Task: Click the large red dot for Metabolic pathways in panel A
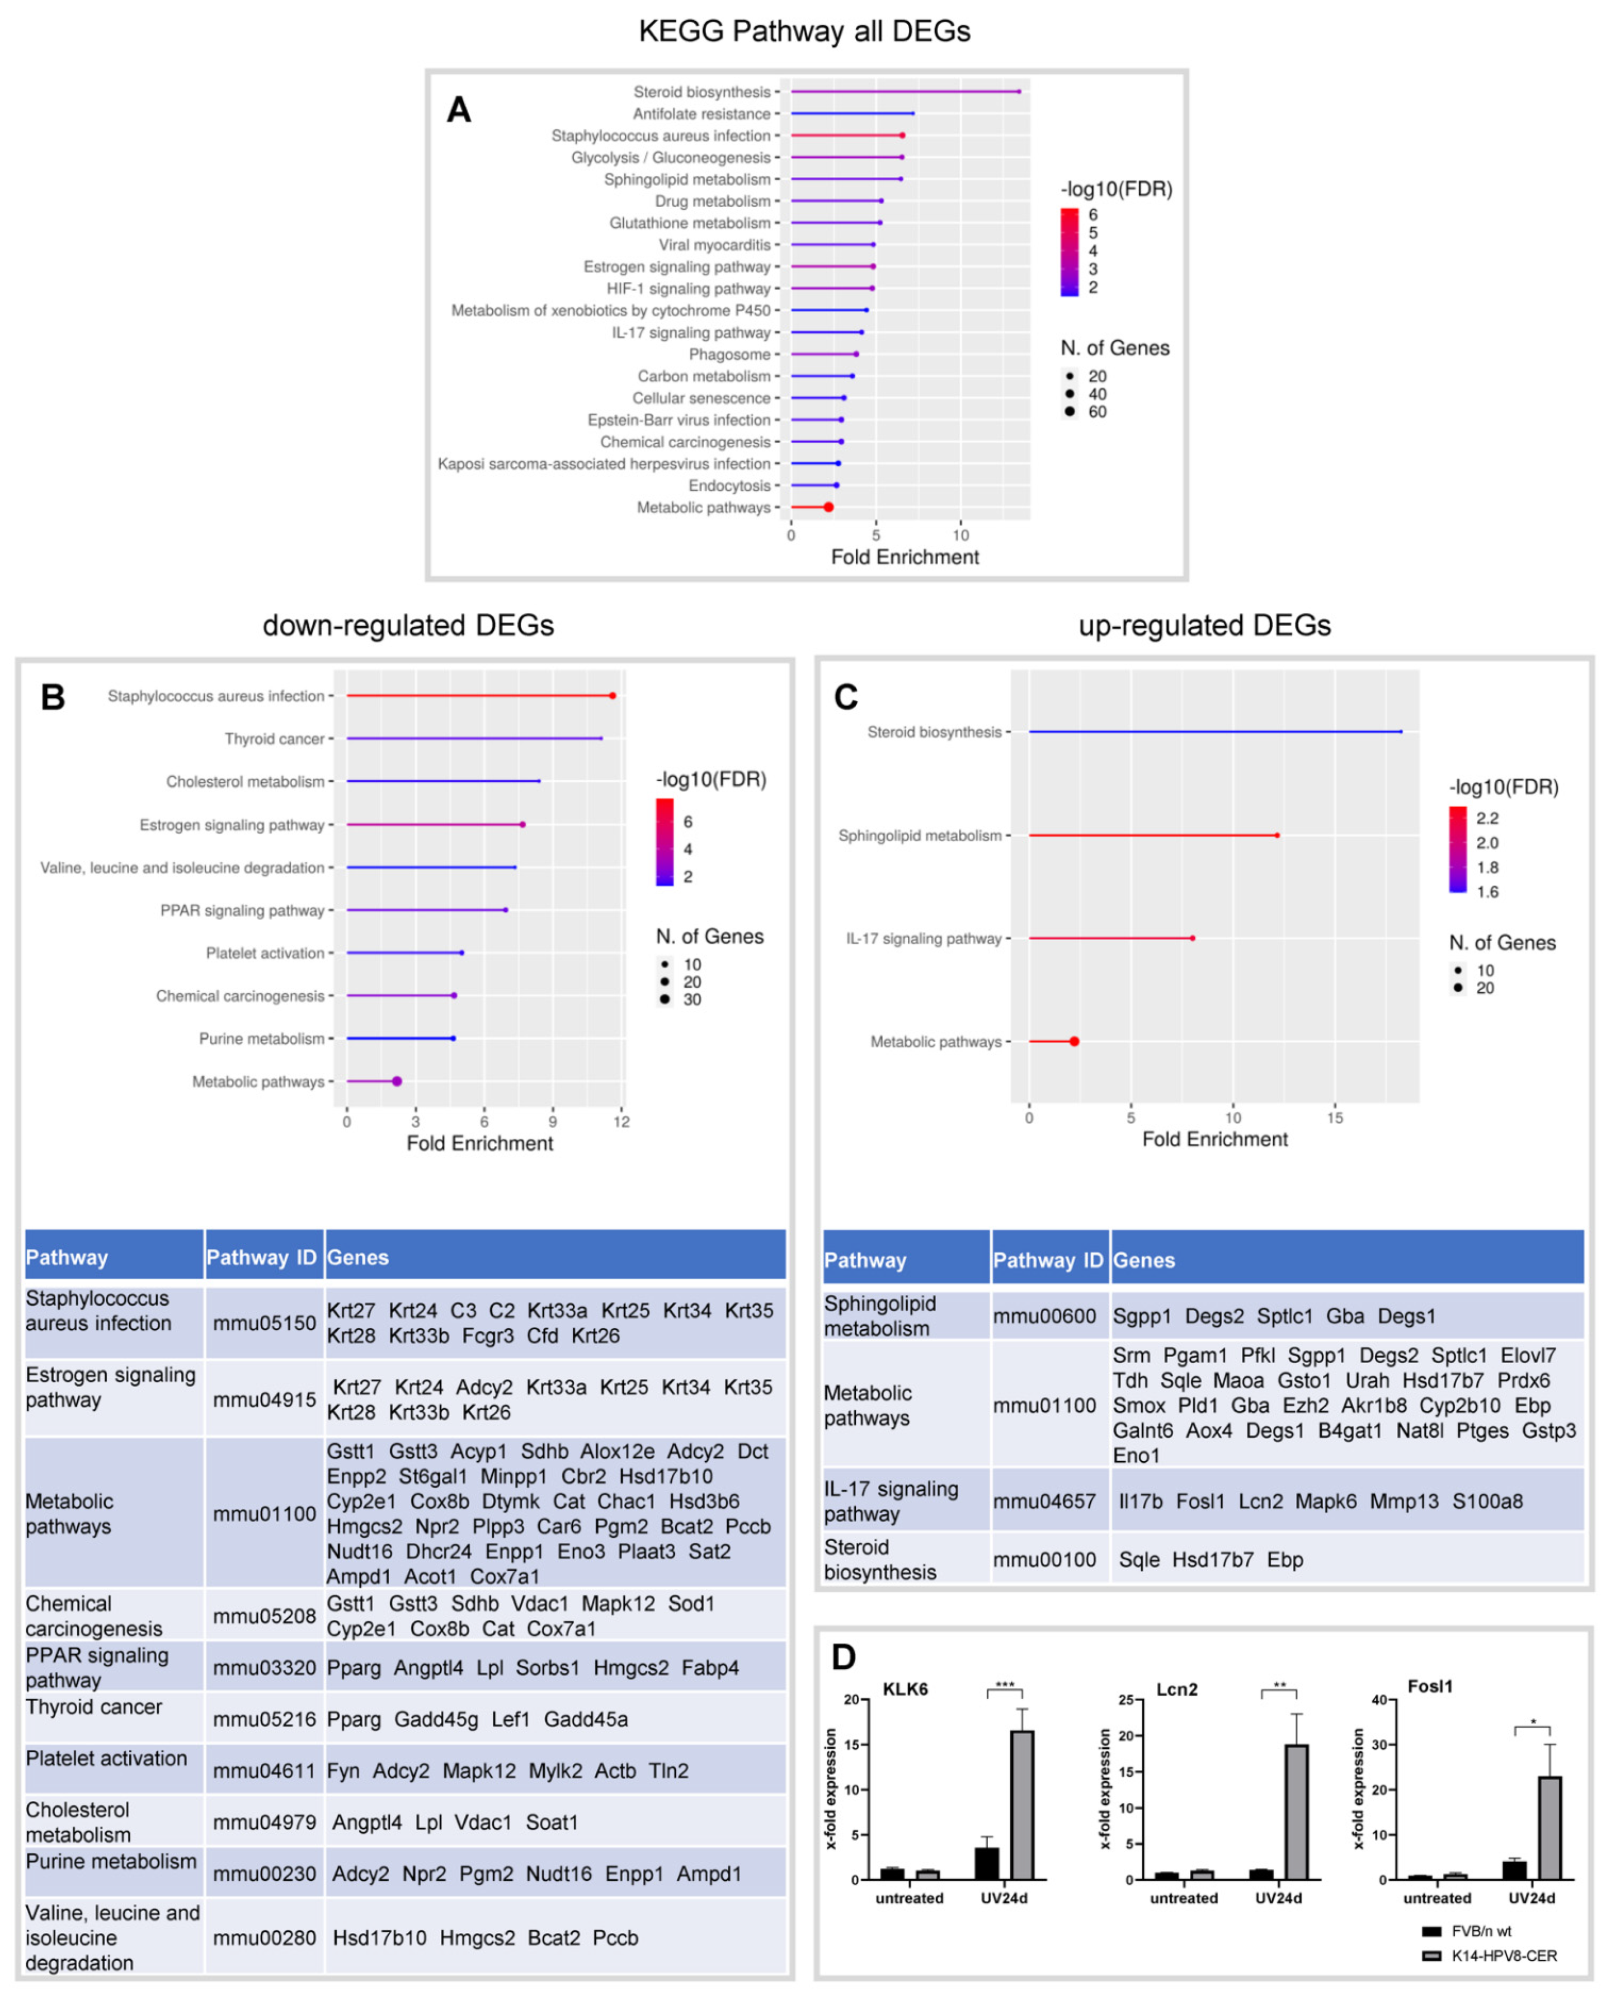coord(828,507)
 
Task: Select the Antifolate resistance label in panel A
coord(701,114)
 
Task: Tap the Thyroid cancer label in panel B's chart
coord(274,739)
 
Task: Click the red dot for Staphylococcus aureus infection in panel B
coord(613,695)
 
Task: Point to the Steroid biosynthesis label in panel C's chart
coord(934,732)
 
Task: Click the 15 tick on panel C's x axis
coord(1335,1118)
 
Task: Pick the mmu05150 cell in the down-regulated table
coord(265,1323)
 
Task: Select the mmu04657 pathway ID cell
coord(1044,1501)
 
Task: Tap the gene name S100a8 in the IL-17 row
coord(1487,1501)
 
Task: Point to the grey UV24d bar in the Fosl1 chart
coord(1550,1828)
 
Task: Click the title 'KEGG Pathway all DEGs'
coord(804,31)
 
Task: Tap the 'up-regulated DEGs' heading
coord(1204,626)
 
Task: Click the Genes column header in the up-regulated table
coord(1143,1260)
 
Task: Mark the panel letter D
coord(844,1656)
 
